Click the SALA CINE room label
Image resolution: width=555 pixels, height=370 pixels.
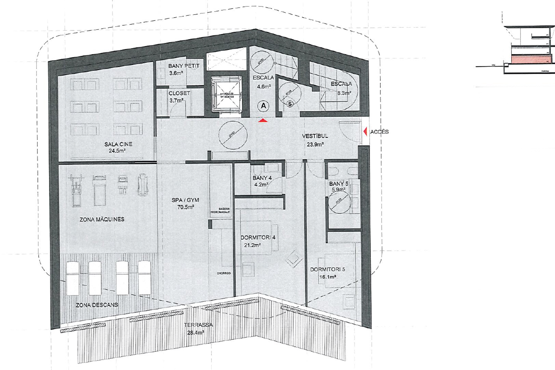pos(118,144)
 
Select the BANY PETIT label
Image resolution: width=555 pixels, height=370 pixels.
pos(184,66)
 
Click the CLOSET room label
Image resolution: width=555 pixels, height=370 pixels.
pos(179,93)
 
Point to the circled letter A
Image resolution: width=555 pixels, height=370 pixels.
pos(263,106)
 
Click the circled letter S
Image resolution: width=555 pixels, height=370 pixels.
pos(290,104)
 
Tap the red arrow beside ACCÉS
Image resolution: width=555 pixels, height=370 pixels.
pos(365,132)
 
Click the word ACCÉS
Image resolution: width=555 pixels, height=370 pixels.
pos(379,132)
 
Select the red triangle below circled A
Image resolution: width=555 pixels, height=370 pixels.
pos(263,121)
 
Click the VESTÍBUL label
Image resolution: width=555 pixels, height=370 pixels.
pos(315,136)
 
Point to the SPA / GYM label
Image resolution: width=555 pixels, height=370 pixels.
pos(185,200)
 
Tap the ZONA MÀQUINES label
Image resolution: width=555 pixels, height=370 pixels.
pos(102,220)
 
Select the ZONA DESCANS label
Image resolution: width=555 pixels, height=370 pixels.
pos(97,305)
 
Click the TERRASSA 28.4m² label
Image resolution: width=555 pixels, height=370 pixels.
pos(198,329)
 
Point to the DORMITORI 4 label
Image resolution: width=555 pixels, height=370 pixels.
pos(258,238)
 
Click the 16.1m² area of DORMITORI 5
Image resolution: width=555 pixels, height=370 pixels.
pos(327,277)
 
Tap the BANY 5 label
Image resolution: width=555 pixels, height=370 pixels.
pos(339,184)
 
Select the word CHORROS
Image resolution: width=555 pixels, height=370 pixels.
pos(224,273)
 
